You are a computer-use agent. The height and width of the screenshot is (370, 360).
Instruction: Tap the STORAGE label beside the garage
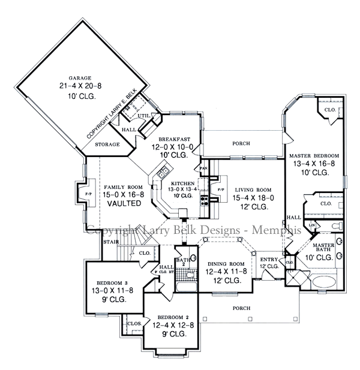click(108, 145)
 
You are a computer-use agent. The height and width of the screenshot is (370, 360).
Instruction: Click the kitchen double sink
click(163, 174)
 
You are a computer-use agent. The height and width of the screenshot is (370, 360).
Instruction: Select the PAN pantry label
click(203, 170)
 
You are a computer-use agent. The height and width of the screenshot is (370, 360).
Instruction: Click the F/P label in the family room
click(88, 194)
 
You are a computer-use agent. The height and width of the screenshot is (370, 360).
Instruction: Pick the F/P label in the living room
click(220, 189)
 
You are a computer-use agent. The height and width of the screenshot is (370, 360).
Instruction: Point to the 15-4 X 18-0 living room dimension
click(254, 197)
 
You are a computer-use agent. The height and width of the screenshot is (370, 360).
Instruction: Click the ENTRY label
click(269, 258)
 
